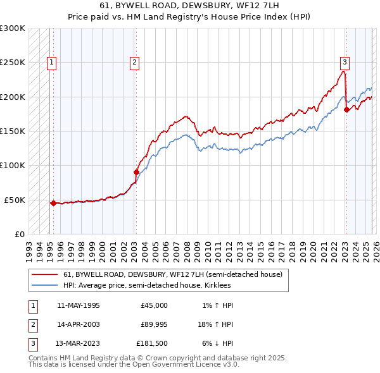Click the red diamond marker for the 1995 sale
point(53,203)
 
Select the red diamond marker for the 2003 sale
point(136,172)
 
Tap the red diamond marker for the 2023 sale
point(346,109)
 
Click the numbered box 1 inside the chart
point(51,62)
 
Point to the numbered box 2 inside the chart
point(135,62)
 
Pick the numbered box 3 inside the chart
point(345,62)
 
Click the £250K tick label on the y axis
point(13,63)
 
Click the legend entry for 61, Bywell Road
point(176,274)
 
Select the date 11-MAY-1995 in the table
point(78,305)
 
